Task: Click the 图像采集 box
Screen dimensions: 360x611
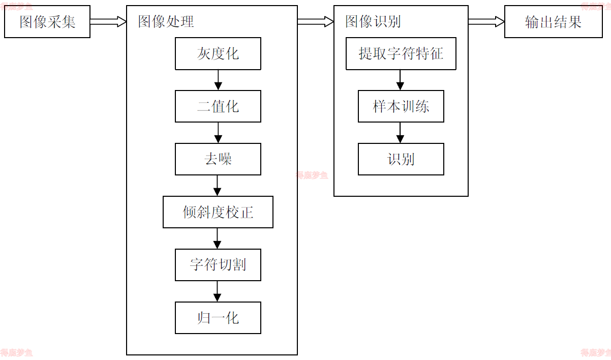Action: pos(47,22)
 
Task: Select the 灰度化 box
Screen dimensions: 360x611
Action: pos(218,53)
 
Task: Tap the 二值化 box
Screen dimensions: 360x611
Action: pos(218,106)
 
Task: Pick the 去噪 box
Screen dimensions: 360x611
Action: pos(218,159)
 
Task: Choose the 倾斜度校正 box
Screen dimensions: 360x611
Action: pos(218,212)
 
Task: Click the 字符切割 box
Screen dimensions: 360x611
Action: pos(218,265)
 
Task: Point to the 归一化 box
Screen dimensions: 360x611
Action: pos(218,318)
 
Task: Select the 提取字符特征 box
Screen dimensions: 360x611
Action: pos(401,53)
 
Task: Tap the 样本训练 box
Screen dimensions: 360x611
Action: pos(401,106)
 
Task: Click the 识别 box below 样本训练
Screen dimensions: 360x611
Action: pos(401,159)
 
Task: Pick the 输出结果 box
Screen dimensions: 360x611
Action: pos(554,22)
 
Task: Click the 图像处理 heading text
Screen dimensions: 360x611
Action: pos(166,21)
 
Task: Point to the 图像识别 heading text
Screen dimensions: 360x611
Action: pos(373,21)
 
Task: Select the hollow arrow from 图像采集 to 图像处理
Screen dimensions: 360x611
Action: pos(108,21)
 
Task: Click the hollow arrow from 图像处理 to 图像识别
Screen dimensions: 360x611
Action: pos(316,21)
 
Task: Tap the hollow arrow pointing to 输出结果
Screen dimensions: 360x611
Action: pos(486,21)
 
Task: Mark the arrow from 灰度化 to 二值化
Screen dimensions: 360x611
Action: pos(218,80)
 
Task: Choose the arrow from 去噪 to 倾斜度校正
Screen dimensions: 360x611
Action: pos(218,186)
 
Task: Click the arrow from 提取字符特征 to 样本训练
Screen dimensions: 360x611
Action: pos(401,80)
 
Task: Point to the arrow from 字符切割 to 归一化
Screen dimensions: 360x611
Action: pos(218,291)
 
